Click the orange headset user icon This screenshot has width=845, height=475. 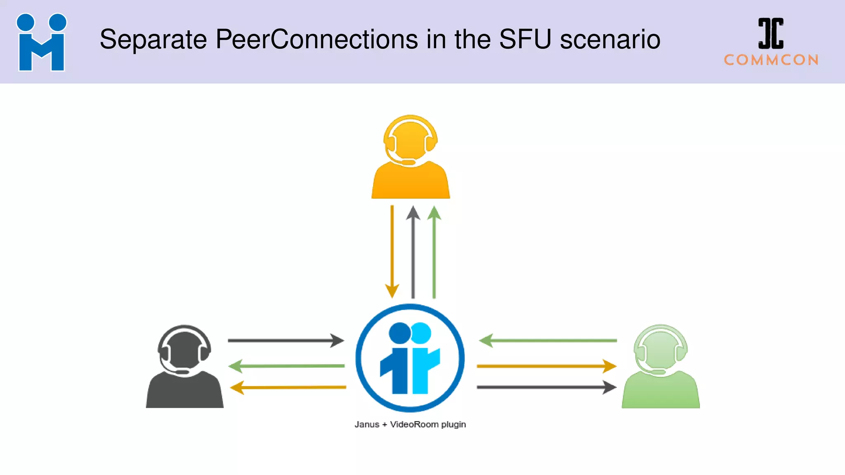tap(411, 159)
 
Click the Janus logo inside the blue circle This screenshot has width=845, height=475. tap(410, 358)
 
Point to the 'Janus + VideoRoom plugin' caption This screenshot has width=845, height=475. tap(410, 424)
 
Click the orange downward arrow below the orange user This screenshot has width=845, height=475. tap(392, 252)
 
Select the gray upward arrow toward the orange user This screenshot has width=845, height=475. tap(413, 252)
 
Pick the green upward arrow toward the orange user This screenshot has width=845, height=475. tap(434, 252)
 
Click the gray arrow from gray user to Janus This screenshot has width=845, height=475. tap(286, 341)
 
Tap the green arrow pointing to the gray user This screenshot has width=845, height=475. tap(286, 366)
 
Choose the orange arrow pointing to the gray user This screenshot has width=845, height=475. tap(288, 388)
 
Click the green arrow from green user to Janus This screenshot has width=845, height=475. tap(548, 341)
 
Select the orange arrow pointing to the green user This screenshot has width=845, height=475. tap(546, 366)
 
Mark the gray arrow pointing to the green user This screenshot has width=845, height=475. tap(546, 387)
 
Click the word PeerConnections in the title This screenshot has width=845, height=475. tap(316, 40)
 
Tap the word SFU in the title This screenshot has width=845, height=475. tap(525, 40)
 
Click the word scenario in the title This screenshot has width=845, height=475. tap(610, 40)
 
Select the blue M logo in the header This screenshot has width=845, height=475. tap(41, 42)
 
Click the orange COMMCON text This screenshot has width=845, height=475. tap(771, 60)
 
